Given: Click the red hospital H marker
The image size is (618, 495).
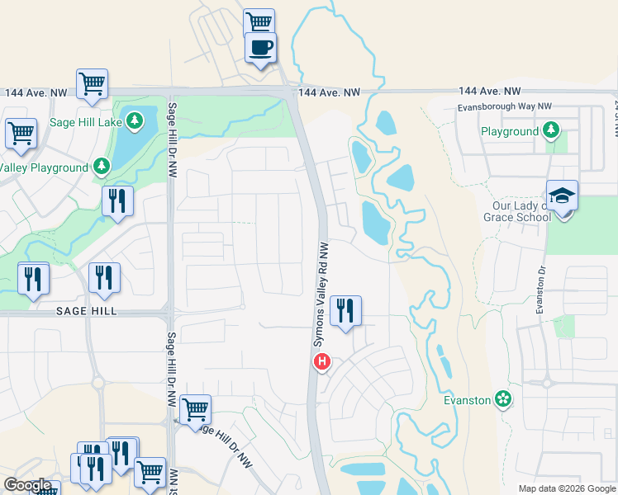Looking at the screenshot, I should tap(323, 361).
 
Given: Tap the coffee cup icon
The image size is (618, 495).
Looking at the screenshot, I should tap(260, 47).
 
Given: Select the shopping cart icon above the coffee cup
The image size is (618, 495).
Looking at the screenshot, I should tap(259, 21).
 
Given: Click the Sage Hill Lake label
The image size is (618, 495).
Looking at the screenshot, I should tap(85, 122).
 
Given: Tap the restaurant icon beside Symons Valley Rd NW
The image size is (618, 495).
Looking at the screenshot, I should tap(345, 310).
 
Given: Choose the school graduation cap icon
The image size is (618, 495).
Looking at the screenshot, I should tap(562, 196).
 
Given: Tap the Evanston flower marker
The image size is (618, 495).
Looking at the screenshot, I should tap(503, 399).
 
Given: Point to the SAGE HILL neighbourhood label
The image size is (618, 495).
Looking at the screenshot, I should tap(87, 311).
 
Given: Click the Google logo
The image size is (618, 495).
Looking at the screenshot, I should tap(27, 485).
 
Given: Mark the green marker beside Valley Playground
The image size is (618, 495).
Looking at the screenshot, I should tap(101, 167).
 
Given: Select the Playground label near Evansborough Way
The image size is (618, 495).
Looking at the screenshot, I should tap(510, 131).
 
